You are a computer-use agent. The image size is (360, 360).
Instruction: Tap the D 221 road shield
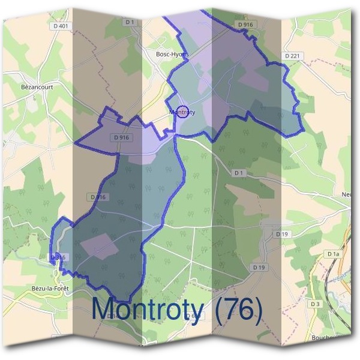(292, 55)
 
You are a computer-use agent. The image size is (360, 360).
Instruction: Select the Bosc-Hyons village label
(172, 54)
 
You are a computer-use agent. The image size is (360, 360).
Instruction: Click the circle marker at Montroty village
(184, 112)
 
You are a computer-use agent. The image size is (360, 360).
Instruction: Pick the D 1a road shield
(334, 254)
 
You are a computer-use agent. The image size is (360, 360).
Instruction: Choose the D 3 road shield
(316, 304)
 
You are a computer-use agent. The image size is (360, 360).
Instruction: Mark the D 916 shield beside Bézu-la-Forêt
(58, 257)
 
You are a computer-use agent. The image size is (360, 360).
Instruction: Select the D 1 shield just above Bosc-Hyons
(129, 22)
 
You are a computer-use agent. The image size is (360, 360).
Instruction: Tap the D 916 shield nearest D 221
(245, 25)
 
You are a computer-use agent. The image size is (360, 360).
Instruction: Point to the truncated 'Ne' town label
(346, 194)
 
